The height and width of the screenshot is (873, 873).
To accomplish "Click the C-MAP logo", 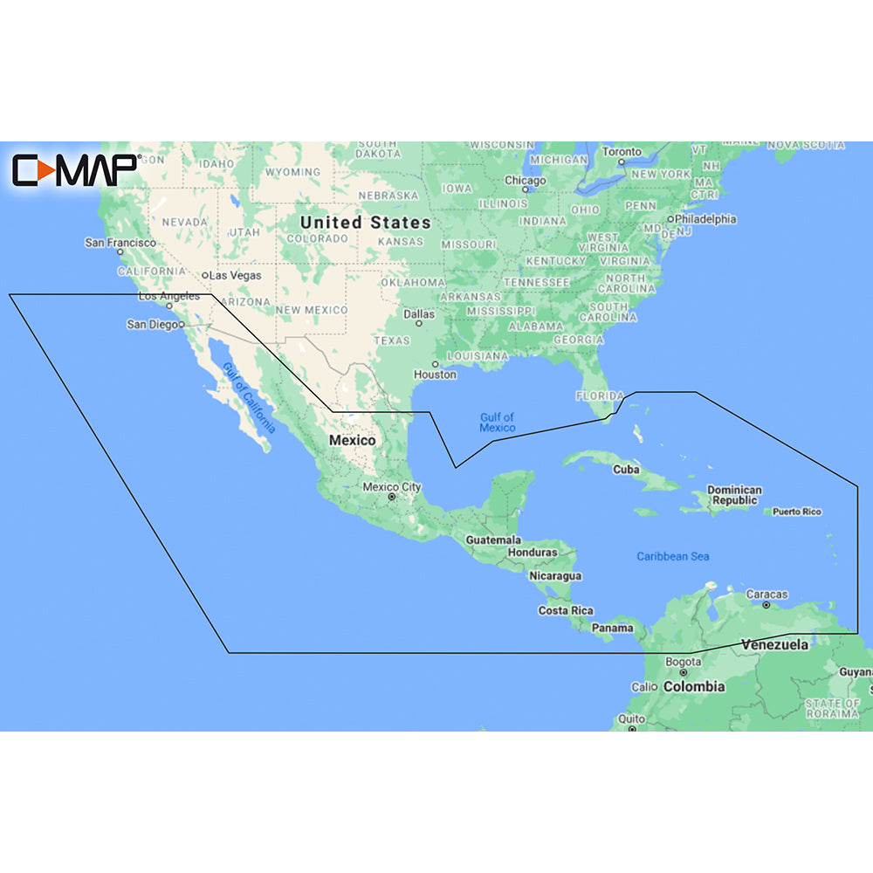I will coord(74,169).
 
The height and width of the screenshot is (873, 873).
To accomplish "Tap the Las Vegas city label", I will coord(235,275).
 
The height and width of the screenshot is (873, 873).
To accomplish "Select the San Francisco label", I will coord(120,242).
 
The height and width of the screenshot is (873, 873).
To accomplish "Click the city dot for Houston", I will coord(435,364).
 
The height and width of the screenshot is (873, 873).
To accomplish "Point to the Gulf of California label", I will coord(249,398).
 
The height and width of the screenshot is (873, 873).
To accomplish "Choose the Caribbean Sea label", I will coord(672,556).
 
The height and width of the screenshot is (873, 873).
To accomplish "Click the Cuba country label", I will coord(626,470).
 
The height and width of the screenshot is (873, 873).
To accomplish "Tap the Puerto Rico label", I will coord(797,512).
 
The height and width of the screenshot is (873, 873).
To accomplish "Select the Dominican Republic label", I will coord(734,495).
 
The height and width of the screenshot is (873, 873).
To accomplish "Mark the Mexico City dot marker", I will coord(392,498).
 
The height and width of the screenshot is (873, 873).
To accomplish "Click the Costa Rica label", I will coord(566,610).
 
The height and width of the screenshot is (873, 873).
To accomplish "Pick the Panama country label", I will coord(612,628).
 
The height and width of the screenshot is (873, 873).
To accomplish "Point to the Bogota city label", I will coord(682,662).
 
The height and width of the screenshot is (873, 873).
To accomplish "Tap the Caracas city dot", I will coord(766,604).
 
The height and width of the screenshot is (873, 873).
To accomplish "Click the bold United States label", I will coord(365,223).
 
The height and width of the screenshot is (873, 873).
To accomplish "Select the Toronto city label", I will coord(622,152).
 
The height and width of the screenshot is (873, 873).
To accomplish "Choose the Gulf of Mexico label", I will coord(498,423).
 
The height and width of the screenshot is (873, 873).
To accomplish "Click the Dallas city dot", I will coord(419,323).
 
